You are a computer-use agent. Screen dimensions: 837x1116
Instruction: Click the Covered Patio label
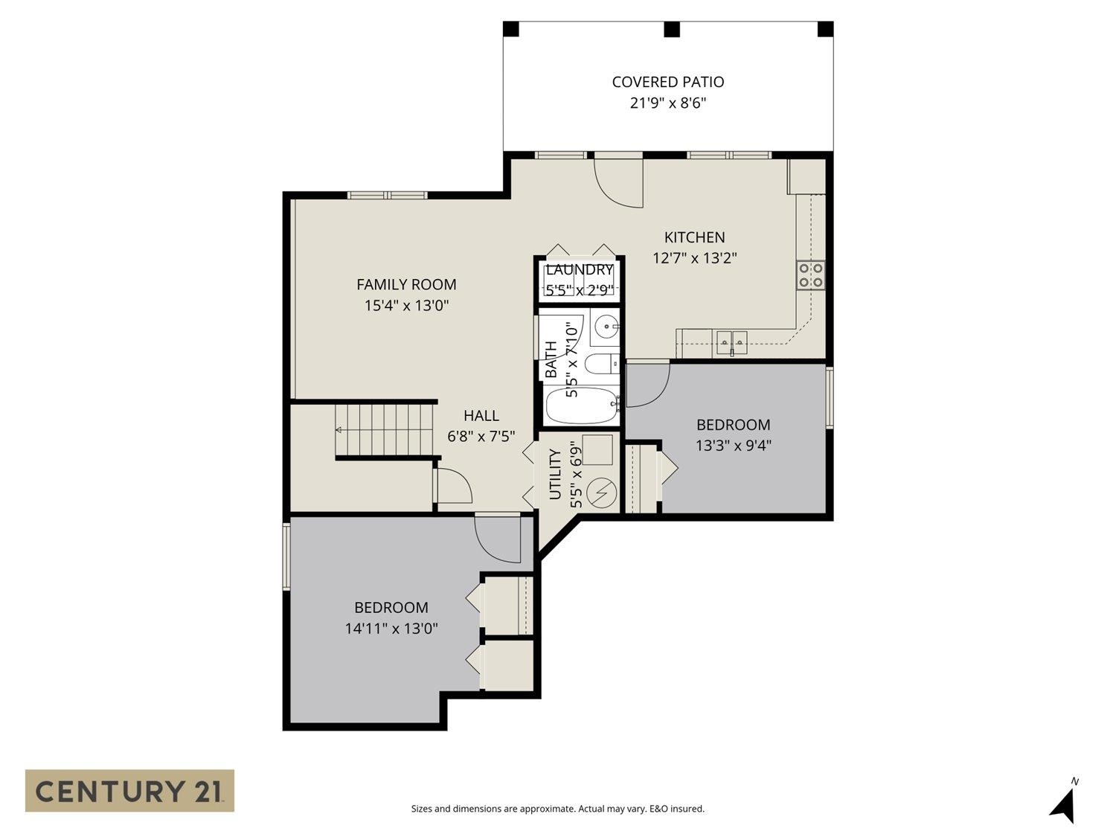click(667, 82)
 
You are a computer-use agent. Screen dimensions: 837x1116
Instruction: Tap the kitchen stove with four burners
click(810, 275)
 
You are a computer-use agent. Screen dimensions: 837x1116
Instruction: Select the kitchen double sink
click(731, 341)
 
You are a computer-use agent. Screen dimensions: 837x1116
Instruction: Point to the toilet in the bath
click(600, 364)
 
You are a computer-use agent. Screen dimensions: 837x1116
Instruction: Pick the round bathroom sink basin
click(607, 326)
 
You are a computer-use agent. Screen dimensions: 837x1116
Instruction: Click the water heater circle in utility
click(601, 493)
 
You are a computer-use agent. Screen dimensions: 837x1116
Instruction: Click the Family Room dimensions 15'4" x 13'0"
click(406, 305)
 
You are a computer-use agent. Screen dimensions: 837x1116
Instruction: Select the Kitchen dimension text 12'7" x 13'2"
click(694, 258)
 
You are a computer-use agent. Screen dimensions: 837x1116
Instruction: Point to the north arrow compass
click(1065, 803)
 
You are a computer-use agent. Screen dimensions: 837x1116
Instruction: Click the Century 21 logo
click(129, 790)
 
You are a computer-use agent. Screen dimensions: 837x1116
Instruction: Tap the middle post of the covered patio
click(671, 29)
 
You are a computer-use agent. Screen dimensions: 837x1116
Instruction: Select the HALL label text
click(481, 415)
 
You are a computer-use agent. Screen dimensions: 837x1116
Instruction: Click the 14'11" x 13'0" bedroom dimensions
click(391, 629)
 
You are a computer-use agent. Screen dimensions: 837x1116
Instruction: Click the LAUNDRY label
click(579, 269)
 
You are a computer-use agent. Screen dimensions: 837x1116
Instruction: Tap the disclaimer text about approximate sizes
click(557, 809)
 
